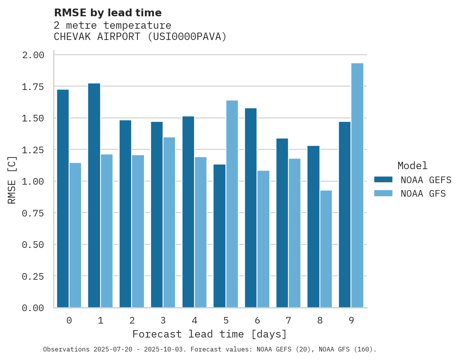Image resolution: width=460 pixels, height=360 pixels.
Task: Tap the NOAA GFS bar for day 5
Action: pos(232,204)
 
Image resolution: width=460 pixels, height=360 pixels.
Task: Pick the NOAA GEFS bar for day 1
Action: pos(94,196)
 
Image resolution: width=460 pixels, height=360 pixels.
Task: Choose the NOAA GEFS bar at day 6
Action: pos(251,208)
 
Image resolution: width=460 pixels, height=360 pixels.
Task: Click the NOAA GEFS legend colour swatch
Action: pos(383,180)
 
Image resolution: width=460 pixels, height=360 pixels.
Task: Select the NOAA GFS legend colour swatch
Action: pos(383,193)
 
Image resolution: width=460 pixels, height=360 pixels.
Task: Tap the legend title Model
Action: pos(413,166)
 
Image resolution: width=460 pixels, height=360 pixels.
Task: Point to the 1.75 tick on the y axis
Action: pos(33,87)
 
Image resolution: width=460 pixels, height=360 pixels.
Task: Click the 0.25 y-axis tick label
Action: pos(33,276)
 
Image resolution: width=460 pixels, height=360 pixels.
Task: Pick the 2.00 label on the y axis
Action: pos(33,55)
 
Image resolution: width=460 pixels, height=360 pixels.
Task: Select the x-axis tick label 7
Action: pos(288,320)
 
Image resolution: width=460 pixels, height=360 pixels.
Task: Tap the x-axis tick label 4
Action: pos(194,320)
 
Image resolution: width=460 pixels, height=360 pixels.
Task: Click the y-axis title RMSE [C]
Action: pos(12,180)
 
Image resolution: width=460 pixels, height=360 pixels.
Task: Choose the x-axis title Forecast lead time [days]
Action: pos(210,334)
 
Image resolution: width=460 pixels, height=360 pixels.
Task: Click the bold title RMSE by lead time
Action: pos(108,13)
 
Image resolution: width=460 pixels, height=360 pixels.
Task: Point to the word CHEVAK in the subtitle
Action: pos(72,37)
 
